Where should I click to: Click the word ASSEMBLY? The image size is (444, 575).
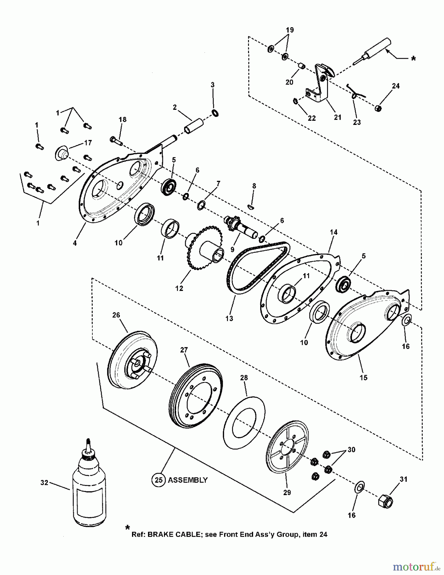(188, 480)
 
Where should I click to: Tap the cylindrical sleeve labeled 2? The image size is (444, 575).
(194, 126)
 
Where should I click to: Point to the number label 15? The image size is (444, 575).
(363, 378)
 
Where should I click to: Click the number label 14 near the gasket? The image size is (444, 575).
(333, 232)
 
